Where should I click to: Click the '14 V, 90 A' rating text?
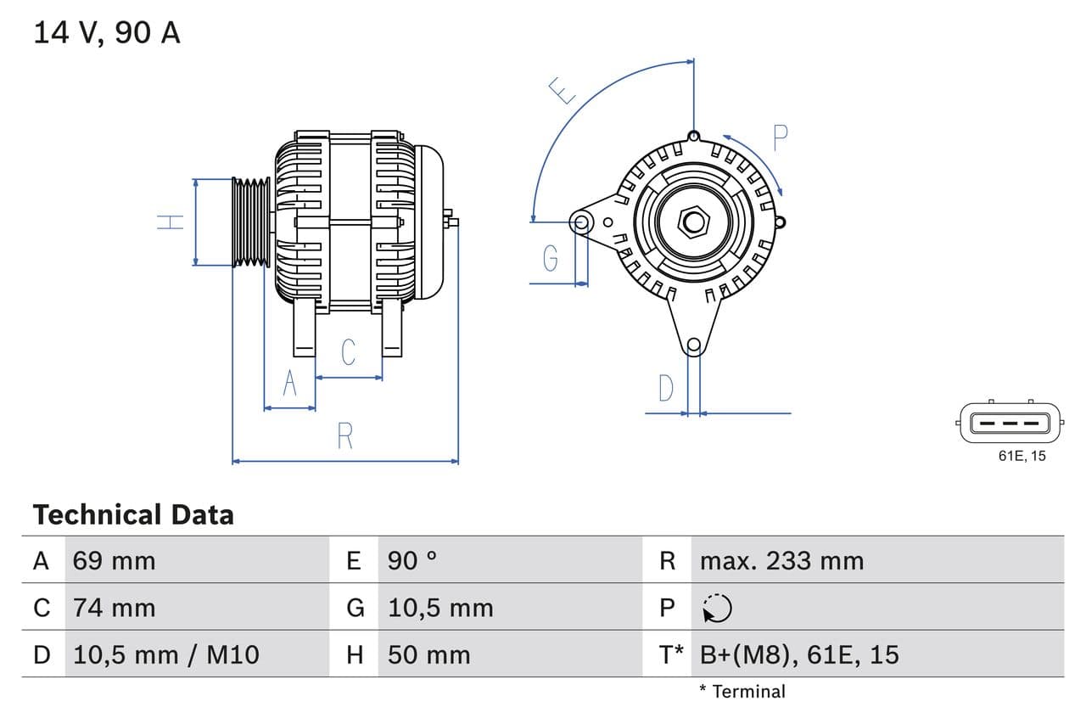pos(106,32)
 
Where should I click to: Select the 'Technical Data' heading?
pos(133,514)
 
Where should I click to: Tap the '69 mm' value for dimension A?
pos(114,561)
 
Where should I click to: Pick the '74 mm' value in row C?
pos(114,608)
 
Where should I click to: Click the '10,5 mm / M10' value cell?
pos(165,654)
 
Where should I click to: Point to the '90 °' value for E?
pos(412,561)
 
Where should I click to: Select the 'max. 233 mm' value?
pos(781,561)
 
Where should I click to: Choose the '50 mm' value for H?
pos(428,654)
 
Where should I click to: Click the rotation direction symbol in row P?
pos(717,608)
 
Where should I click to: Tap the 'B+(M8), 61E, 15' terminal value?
pos(798,654)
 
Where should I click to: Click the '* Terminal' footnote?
pos(742,691)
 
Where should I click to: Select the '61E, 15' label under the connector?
pos(1022,457)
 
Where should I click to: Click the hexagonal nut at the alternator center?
pos(694,222)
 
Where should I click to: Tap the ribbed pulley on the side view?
pos(251,222)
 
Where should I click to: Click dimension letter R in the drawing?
pos(344,436)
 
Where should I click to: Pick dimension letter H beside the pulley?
pos(171,222)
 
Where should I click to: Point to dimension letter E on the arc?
pos(561,90)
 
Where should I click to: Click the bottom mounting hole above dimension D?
pos(693,345)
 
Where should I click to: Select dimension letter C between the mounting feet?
pos(348,352)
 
